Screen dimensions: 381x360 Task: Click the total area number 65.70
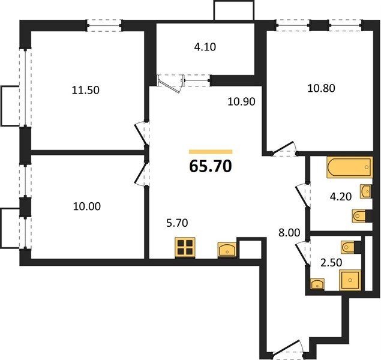click(x=211, y=167)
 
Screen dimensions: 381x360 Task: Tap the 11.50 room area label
click(x=86, y=91)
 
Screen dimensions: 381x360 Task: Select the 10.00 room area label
click(x=87, y=206)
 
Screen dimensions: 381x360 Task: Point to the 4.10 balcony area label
click(x=205, y=47)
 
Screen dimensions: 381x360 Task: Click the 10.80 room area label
click(x=321, y=88)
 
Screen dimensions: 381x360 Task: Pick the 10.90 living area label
click(x=241, y=101)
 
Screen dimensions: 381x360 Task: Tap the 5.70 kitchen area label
click(x=177, y=223)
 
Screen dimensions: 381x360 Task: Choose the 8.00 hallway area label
click(x=289, y=233)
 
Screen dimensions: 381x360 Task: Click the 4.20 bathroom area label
click(x=341, y=197)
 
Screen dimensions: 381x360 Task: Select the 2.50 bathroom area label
click(x=331, y=263)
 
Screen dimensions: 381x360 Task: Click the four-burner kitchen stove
click(x=185, y=248)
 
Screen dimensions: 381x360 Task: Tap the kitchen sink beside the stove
click(x=227, y=250)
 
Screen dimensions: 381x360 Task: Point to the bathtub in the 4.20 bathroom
click(x=350, y=167)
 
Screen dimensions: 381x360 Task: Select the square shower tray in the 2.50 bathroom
click(x=350, y=280)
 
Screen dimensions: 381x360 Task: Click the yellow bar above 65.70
click(x=211, y=152)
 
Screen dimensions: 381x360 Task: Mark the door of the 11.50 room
click(x=142, y=134)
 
